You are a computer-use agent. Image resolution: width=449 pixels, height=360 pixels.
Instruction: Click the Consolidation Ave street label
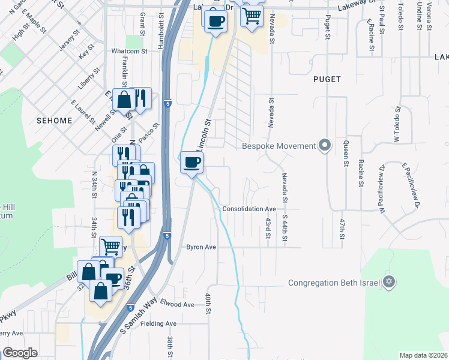[249, 209]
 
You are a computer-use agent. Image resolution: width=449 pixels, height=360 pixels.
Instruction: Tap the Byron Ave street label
[200, 247]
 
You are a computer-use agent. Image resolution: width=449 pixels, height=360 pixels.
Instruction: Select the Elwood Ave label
[178, 304]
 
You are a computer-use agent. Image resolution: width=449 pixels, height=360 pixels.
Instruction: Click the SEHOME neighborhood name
[53, 121]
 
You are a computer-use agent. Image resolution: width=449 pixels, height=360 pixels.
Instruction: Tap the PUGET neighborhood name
[327, 79]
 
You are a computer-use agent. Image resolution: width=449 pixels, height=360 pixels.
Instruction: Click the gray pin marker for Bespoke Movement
[325, 146]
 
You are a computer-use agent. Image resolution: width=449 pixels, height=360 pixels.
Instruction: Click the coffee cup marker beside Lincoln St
[191, 162]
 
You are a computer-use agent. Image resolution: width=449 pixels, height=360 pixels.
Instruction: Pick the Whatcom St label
[129, 52]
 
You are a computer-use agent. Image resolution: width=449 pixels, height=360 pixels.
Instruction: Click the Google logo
[20, 352]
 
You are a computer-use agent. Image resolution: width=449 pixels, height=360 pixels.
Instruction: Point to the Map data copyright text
[423, 355]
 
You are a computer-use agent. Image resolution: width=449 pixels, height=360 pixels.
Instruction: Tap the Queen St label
[346, 152]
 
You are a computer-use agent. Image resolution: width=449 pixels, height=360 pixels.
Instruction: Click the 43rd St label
[268, 227]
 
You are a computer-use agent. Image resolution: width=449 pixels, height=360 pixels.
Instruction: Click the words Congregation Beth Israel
[336, 283]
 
